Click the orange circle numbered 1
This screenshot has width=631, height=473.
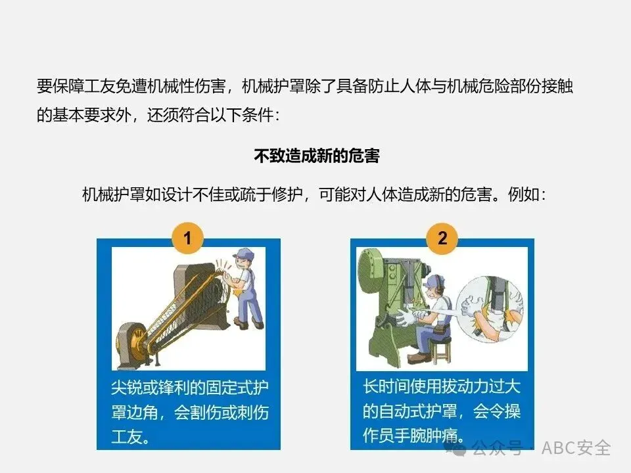[x=187, y=238]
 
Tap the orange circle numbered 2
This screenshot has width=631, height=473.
[x=442, y=238]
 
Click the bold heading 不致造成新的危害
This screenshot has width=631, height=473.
[x=316, y=156]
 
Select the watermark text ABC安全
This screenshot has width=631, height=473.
[x=576, y=448]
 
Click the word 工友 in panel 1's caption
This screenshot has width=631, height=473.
[x=127, y=437]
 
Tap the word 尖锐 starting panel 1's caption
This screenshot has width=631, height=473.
[x=127, y=388]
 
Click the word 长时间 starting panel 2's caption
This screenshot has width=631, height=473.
[x=386, y=386]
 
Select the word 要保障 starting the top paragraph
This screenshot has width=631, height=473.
[x=60, y=86]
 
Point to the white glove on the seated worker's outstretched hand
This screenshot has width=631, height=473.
[x=406, y=317]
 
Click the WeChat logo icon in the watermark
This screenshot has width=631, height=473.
[x=456, y=448]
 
